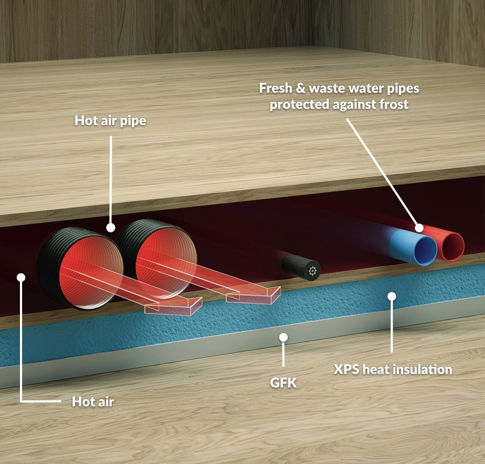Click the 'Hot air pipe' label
(110, 121)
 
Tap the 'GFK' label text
(283, 383)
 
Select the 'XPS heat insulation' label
(393, 369)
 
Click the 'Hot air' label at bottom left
(93, 401)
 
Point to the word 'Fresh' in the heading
(275, 88)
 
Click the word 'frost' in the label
(394, 104)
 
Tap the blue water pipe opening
(425, 251)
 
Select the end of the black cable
(313, 271)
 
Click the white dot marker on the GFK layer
(283, 337)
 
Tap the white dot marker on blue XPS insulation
(392, 296)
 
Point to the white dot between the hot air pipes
(110, 227)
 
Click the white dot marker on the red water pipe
(419, 228)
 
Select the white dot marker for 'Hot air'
(21, 277)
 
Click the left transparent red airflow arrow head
(173, 307)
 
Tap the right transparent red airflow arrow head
(253, 295)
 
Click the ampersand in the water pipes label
(301, 88)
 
